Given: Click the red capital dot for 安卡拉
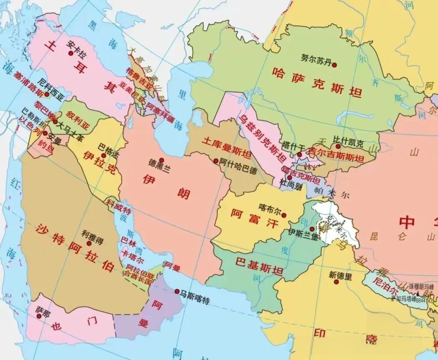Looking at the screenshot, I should (71, 53).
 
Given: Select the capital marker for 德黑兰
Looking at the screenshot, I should (161, 160).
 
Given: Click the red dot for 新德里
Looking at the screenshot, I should (336, 282).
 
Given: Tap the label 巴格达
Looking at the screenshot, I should (107, 147).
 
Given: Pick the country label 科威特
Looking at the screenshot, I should (115, 205).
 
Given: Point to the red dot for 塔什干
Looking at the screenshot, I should (299, 155).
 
